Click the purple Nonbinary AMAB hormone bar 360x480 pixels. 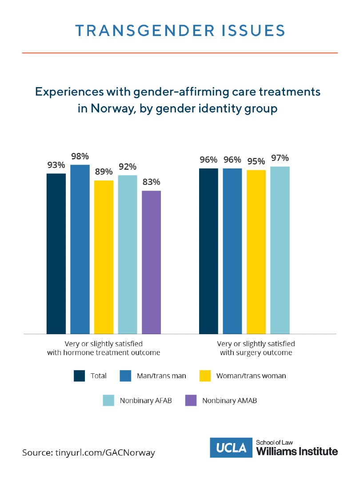click(x=151, y=262)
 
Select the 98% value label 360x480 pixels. click(x=80, y=156)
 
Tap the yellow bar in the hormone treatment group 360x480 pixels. click(x=104, y=257)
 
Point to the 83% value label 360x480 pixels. click(x=151, y=182)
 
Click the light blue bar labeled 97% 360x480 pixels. click(x=280, y=250)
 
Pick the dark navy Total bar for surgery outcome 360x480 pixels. click(x=208, y=251)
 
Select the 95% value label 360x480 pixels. click(x=256, y=161)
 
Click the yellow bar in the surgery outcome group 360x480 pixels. click(x=256, y=252)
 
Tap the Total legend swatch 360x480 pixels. click(x=80, y=376)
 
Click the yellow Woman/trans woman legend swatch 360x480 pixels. click(x=205, y=376)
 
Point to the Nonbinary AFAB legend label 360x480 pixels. click(x=146, y=400)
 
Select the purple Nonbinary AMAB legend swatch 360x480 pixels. click(x=191, y=400)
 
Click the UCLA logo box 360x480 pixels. click(x=231, y=448)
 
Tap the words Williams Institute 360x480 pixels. click(x=297, y=452)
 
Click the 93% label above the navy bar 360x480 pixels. click(x=56, y=165)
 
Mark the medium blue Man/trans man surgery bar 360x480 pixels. click(x=232, y=251)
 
